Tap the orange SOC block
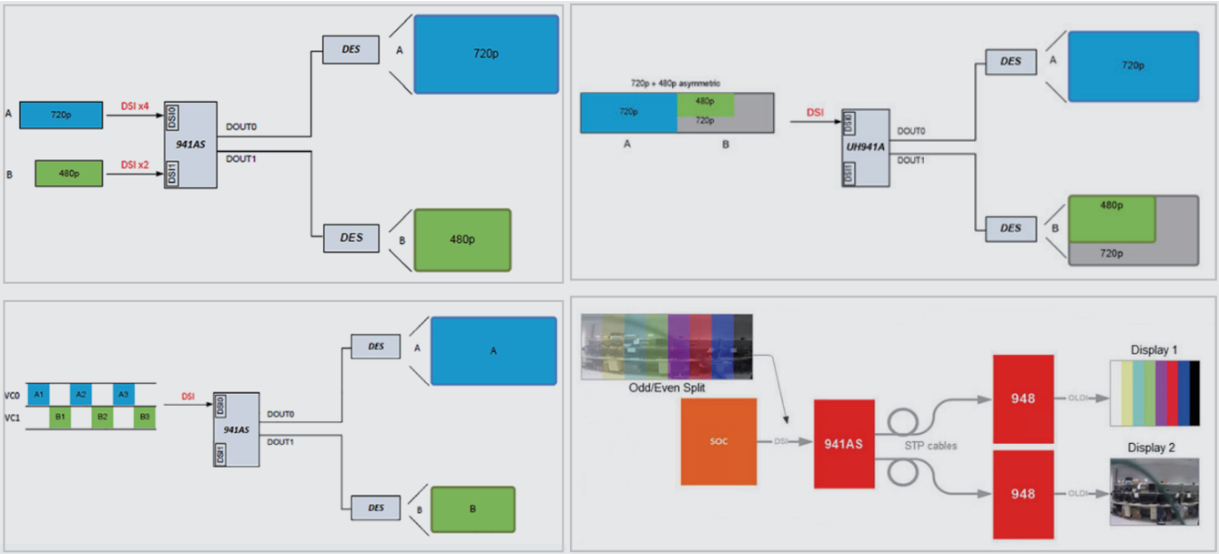pos(718,441)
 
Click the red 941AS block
pos(844,443)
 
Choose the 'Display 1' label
pos(1153,350)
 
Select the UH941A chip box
pos(862,148)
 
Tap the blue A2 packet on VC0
pos(81,395)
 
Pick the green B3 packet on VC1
pos(144,418)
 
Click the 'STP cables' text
pos(929,445)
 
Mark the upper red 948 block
pos(1023,398)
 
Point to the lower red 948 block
pos(1023,493)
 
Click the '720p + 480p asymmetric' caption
pos(675,83)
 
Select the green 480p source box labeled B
pos(68,172)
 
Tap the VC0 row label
pos(12,396)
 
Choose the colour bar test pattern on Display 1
pos(1154,393)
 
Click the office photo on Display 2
pos(1154,491)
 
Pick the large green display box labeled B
pos(472,509)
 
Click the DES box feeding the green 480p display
pos(351,238)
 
